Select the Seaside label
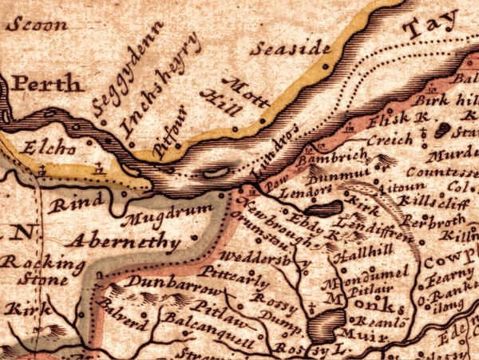(x=289, y=49)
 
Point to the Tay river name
(x=428, y=29)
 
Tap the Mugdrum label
(x=168, y=214)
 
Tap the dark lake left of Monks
(x=323, y=324)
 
